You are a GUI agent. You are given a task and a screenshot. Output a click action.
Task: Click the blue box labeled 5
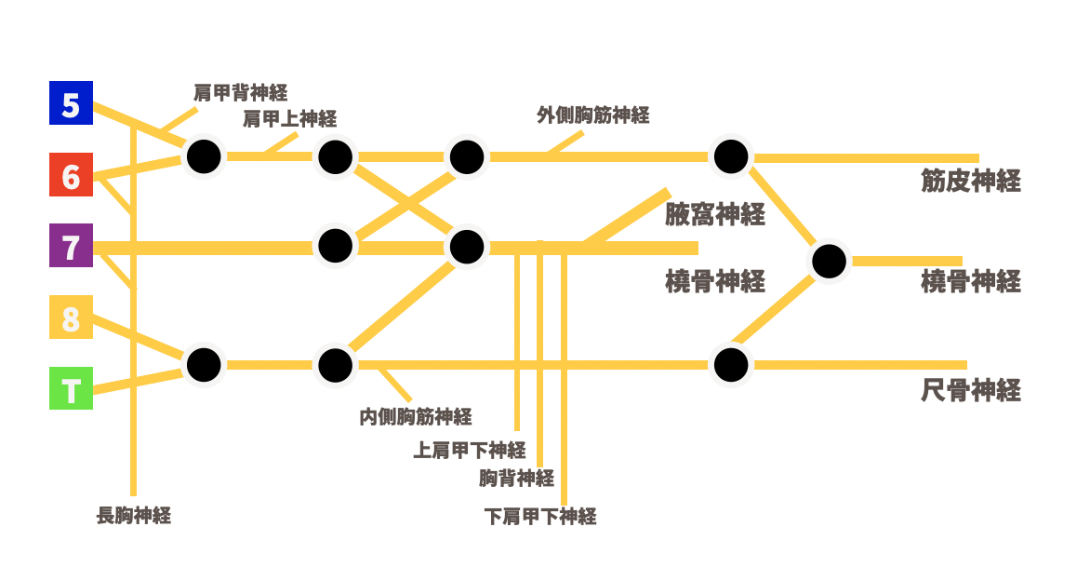click(71, 102)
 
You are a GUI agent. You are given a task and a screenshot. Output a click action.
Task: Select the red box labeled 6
click(71, 174)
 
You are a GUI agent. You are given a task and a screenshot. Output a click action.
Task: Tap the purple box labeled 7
click(71, 247)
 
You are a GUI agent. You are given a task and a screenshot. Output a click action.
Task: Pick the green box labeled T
click(71, 388)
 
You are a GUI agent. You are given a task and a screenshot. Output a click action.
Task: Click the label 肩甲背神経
click(240, 92)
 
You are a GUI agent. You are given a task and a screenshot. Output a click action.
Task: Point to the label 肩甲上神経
click(289, 118)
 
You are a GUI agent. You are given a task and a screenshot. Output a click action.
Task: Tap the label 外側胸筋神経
click(592, 115)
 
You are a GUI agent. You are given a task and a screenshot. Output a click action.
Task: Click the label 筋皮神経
click(970, 181)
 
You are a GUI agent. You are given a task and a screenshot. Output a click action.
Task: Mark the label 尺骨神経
click(970, 390)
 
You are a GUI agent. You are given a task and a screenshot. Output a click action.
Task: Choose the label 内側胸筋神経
click(415, 416)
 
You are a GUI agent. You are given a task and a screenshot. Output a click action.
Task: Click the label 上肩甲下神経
click(470, 450)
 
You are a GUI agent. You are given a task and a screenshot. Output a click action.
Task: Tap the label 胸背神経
click(516, 479)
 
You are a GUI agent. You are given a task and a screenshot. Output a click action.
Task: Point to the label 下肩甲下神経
click(540, 516)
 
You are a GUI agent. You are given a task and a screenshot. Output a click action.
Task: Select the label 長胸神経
click(134, 515)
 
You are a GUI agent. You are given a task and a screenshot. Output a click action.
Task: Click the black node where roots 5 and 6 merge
click(203, 156)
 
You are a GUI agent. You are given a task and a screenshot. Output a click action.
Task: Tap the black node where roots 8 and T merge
click(203, 364)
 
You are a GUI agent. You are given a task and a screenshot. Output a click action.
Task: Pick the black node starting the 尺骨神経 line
click(730, 364)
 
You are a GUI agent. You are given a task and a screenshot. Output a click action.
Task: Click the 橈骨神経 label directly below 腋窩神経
click(714, 281)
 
